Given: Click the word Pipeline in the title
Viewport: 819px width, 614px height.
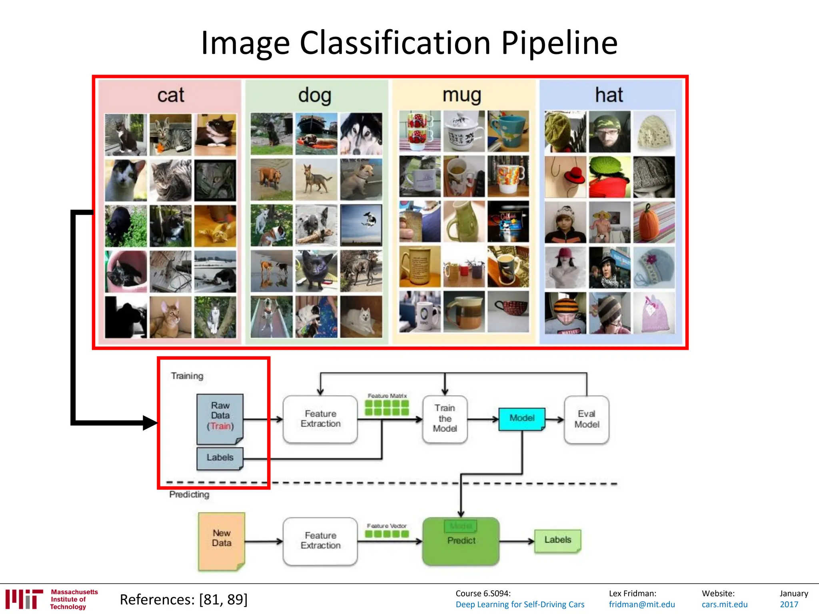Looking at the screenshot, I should click(x=559, y=43).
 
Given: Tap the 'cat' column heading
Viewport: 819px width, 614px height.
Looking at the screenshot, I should click(x=170, y=95).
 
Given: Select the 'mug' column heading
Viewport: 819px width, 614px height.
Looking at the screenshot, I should click(x=461, y=95).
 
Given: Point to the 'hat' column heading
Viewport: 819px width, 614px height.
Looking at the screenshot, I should click(x=609, y=95).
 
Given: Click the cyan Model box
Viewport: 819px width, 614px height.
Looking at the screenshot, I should click(x=521, y=419).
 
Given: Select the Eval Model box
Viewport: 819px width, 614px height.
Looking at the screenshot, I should click(x=586, y=419).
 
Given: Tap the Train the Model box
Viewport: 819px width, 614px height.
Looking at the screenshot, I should click(x=445, y=419).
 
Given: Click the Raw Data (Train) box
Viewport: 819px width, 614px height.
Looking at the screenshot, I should click(x=220, y=418).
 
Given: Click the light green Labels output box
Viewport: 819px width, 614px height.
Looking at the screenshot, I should click(x=557, y=540).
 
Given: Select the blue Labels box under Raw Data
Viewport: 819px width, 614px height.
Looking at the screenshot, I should click(x=220, y=458).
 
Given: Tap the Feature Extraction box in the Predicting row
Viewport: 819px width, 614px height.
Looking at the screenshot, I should click(x=320, y=541).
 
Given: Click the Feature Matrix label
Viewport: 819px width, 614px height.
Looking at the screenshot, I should click(x=387, y=396).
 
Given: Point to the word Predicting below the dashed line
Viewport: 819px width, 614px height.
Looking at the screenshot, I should click(x=189, y=494).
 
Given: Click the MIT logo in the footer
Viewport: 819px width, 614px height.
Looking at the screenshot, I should click(x=24, y=599).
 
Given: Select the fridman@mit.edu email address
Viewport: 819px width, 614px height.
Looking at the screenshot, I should click(x=641, y=604).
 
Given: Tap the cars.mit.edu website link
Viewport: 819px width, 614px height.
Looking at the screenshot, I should click(x=724, y=604).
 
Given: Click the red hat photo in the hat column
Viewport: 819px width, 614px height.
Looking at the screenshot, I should click(x=565, y=177).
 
